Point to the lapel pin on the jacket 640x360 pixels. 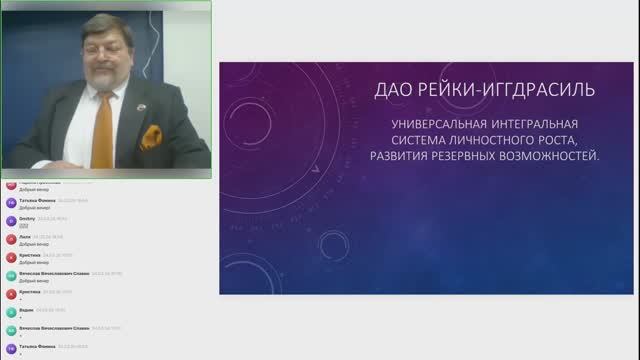tap(135, 104)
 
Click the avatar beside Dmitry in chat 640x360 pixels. tap(10, 220)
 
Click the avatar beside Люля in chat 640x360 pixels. tap(10, 239)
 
